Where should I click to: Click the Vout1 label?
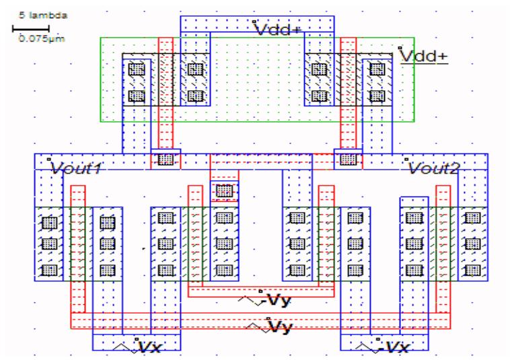(75, 168)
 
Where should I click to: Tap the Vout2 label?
(432, 168)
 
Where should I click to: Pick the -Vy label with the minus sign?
(277, 300)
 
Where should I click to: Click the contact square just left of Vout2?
(348, 159)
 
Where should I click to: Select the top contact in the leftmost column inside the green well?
(137, 69)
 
